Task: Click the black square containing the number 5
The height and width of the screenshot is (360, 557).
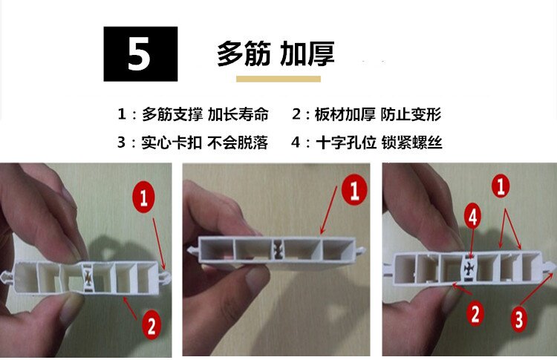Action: point(140,53)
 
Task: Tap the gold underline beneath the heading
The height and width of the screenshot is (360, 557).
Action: point(278,79)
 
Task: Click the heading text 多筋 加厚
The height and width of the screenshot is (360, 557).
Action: point(276,53)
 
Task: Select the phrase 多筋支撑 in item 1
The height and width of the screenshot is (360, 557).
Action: point(172,114)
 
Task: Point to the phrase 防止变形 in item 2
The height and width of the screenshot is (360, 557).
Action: point(411,114)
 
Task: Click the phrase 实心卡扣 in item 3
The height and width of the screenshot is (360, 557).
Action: point(172,143)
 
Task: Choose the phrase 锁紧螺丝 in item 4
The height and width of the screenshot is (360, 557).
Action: point(411,143)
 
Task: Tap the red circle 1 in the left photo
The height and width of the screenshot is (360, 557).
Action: point(143,197)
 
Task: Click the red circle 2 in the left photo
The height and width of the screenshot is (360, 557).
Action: point(152,325)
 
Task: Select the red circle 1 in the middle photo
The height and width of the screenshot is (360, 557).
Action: point(354,190)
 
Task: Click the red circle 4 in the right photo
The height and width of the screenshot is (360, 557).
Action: point(472,217)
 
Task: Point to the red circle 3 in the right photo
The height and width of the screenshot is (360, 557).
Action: point(519,319)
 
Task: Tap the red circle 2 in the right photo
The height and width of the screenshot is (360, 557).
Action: point(475,313)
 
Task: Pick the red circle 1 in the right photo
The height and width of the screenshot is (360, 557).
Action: point(501,186)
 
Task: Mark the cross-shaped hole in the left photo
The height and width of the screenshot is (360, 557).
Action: point(88,276)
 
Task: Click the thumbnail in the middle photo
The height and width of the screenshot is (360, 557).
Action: point(256,278)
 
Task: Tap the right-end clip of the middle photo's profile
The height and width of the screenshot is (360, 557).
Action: point(360,250)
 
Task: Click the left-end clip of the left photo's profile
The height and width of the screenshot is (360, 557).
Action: point(7,277)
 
